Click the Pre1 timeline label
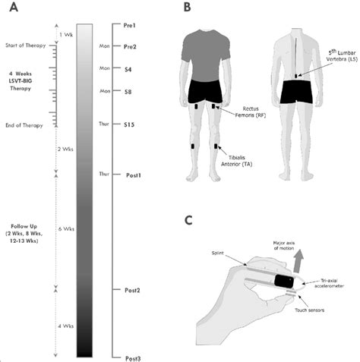pyautogui.click(x=130, y=26)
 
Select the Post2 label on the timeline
pyautogui.click(x=132, y=290)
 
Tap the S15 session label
pyautogui.click(x=129, y=124)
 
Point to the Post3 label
pyautogui.click(x=133, y=358)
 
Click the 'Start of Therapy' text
pyautogui.click(x=26, y=46)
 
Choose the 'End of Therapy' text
pyautogui.click(x=24, y=125)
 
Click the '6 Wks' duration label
pyautogui.click(x=66, y=229)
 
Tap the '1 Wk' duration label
pyautogui.click(x=66, y=35)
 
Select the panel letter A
pyautogui.click(x=14, y=8)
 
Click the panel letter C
pyautogui.click(x=188, y=220)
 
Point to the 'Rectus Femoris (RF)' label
pyautogui.click(x=250, y=112)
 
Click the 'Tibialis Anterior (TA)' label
pyautogui.click(x=237, y=161)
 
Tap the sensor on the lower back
pyautogui.click(x=296, y=76)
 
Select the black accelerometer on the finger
pyautogui.click(x=284, y=282)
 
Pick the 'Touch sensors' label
pyautogui.click(x=309, y=310)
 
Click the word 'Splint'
pyautogui.click(x=218, y=253)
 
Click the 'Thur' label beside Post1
pyautogui.click(x=104, y=174)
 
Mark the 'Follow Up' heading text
pyautogui.click(x=24, y=226)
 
